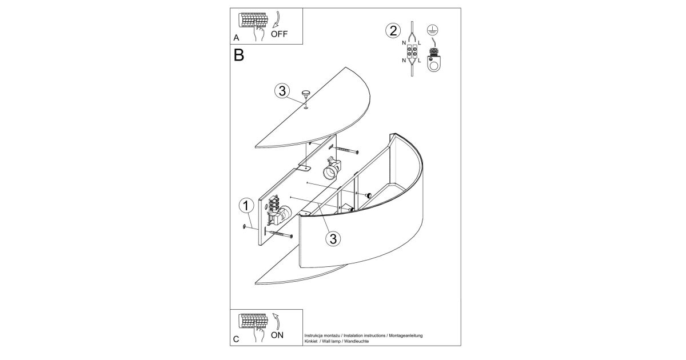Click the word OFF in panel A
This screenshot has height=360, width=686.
(279, 34)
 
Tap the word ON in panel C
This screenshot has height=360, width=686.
(277, 335)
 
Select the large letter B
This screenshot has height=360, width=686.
(239, 55)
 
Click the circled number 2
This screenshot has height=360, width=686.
(393, 31)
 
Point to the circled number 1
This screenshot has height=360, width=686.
(246, 206)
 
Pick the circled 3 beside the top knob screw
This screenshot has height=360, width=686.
(282, 91)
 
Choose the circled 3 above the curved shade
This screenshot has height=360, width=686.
(333, 238)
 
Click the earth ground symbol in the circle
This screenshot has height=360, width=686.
(432, 30)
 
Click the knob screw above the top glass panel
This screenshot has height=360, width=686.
(306, 94)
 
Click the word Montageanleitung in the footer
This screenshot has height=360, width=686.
(406, 335)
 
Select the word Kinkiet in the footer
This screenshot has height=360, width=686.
(311, 341)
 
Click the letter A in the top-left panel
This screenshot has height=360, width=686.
(236, 38)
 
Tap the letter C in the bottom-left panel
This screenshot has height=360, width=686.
(236, 339)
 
